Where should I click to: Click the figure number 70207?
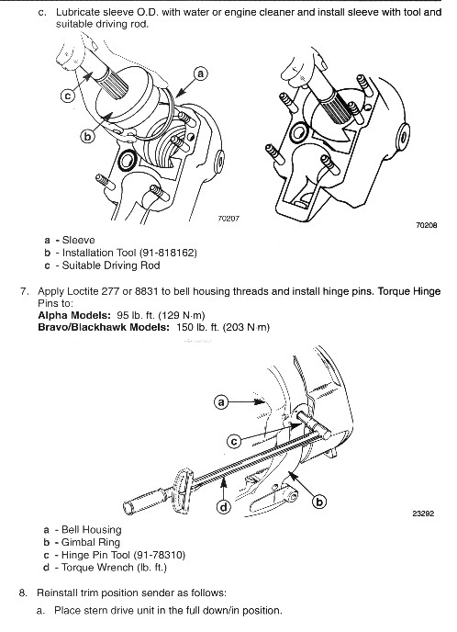click(228, 219)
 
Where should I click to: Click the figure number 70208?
click(427, 225)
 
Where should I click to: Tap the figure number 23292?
click(423, 513)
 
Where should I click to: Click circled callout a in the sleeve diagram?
click(201, 73)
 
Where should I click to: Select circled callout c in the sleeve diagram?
click(68, 96)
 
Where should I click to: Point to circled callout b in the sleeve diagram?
click(87, 137)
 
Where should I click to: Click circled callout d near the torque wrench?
click(224, 507)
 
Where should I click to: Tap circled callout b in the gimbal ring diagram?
click(319, 502)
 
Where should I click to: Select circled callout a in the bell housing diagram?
click(220, 401)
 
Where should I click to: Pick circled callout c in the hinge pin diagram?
click(234, 442)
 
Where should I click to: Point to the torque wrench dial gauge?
click(184, 491)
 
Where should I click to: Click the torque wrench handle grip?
click(145, 497)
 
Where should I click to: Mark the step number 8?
click(23, 592)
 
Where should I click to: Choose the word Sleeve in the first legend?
click(79, 241)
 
